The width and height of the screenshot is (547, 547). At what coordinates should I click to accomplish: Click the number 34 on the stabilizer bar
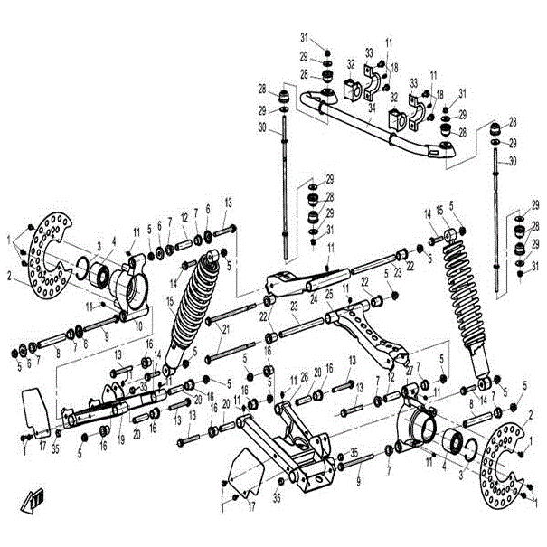[373, 106]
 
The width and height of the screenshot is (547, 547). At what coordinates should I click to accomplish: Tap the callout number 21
[224, 329]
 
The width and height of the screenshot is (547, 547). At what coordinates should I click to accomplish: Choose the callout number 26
[304, 378]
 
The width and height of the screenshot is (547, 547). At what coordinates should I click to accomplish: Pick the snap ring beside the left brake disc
[80, 268]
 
